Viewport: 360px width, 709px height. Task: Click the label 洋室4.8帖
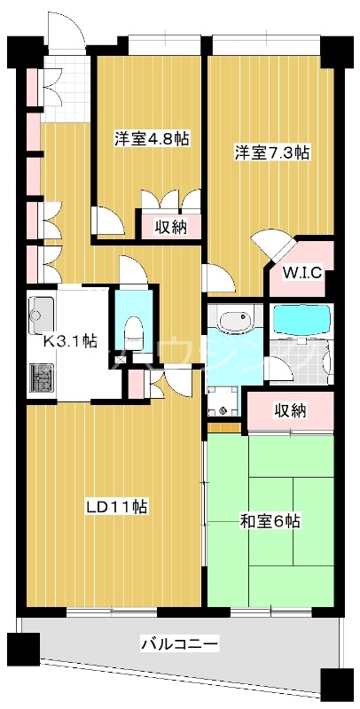click(x=153, y=139)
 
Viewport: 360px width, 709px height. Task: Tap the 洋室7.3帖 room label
click(x=271, y=152)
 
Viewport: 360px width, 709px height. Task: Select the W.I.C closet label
click(x=301, y=273)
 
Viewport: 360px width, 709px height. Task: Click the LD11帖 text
click(x=116, y=507)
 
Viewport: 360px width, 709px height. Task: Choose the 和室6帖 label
click(x=270, y=521)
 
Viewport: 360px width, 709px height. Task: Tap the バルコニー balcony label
click(x=179, y=643)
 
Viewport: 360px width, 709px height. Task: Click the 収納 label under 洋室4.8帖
click(x=171, y=226)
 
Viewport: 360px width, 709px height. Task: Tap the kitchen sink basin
click(x=42, y=312)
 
